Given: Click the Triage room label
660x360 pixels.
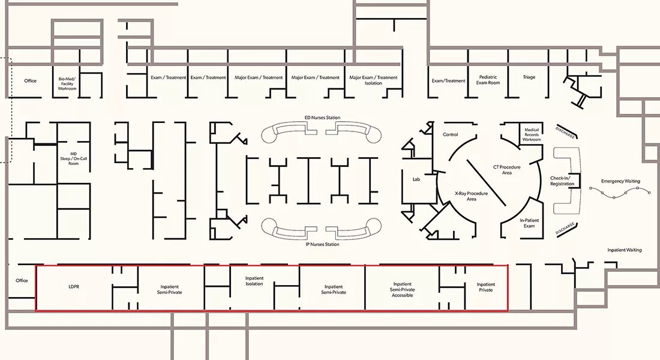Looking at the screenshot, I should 529,77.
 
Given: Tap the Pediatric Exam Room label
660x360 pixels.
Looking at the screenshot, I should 488,80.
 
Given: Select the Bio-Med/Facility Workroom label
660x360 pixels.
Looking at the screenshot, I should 67,83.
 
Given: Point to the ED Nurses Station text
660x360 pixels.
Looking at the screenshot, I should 322,118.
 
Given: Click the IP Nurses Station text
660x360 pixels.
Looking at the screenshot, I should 322,244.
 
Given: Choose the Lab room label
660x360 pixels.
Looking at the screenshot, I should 416,179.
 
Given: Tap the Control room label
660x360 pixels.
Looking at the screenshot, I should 451,134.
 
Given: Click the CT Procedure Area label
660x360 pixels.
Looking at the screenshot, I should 507,169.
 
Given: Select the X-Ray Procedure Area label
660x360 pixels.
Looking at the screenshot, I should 472,196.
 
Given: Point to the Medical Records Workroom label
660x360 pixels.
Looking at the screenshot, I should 532,135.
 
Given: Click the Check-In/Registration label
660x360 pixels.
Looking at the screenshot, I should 562,181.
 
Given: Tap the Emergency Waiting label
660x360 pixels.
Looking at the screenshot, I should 620,181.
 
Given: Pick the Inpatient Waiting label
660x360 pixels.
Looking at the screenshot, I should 625,250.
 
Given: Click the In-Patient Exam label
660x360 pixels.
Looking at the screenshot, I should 529,223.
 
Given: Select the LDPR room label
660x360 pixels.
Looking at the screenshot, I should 74,287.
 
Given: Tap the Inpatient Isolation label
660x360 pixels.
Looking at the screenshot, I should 254,281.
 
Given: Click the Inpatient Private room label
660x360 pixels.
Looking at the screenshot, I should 486,287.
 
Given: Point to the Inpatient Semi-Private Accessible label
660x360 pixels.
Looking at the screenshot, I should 403,289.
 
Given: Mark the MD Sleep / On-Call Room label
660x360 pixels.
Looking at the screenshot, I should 73,158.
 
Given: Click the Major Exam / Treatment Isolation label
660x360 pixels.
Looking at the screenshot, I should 373,80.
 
